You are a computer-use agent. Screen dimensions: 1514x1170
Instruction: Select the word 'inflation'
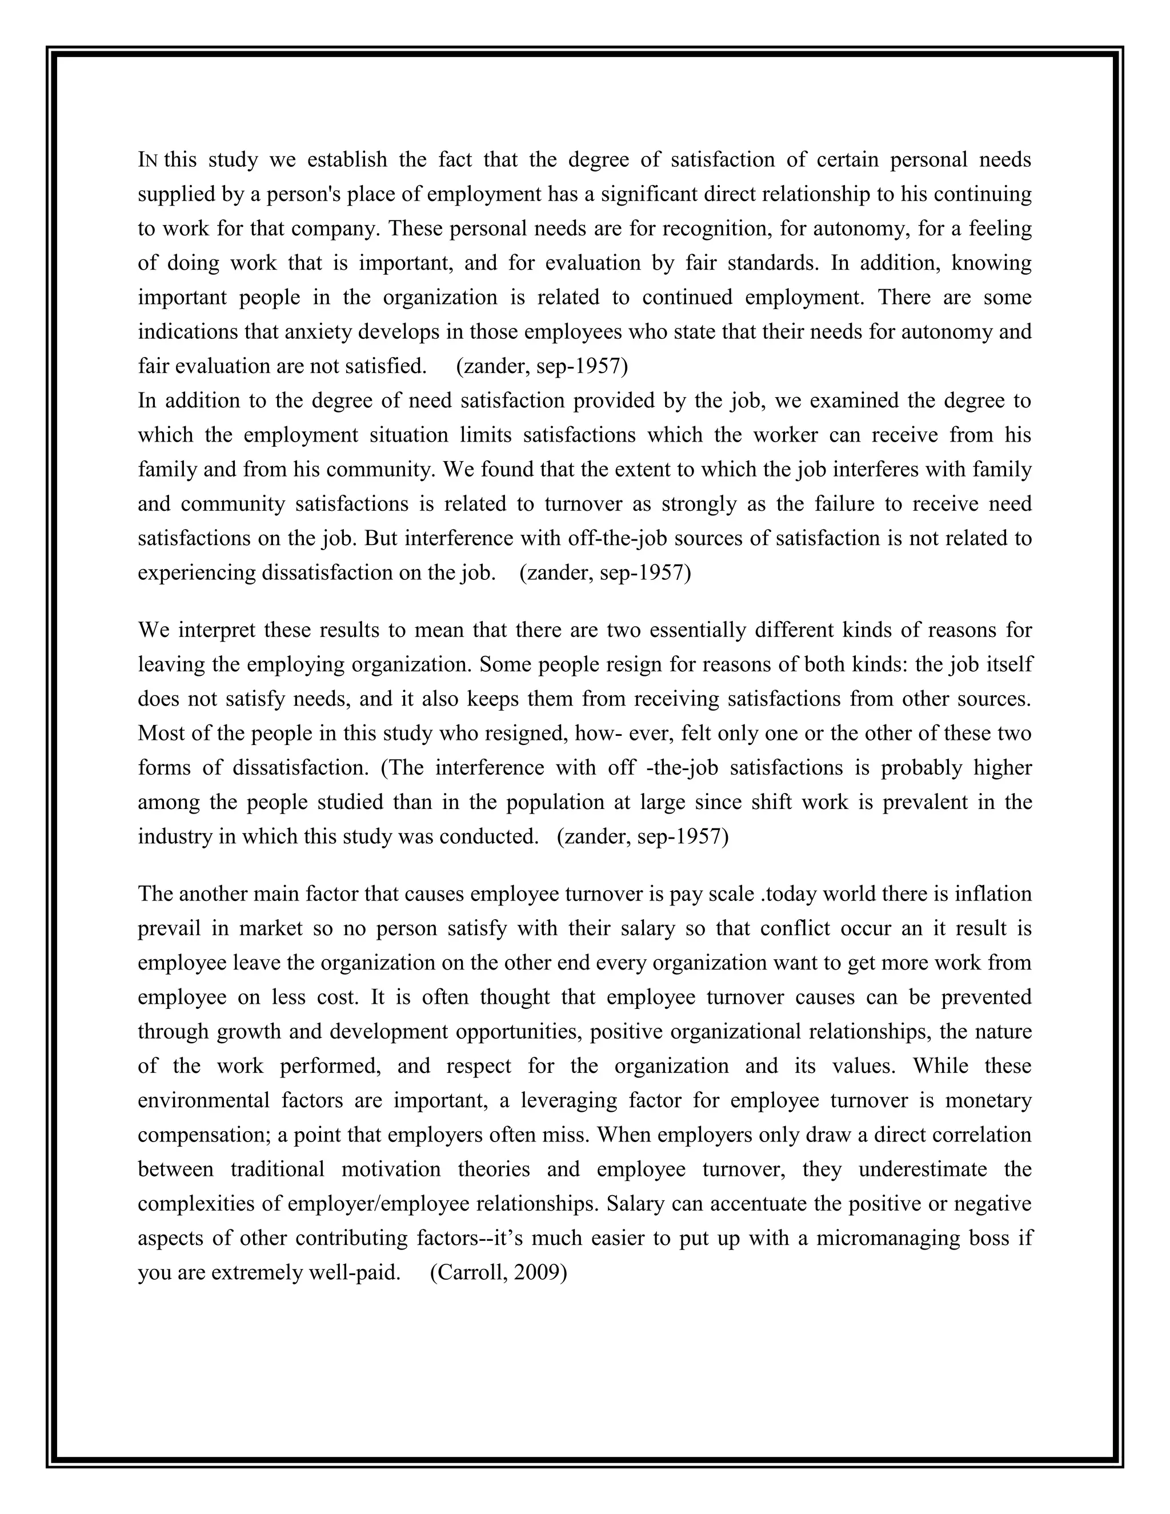click(993, 894)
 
